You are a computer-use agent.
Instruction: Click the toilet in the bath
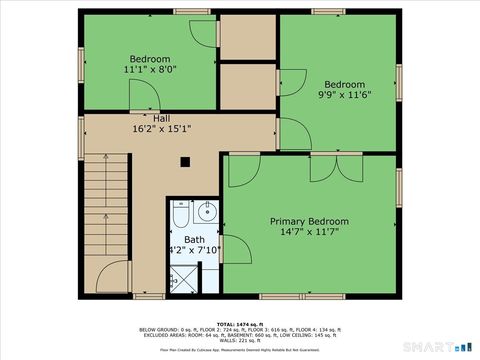click(x=181, y=214)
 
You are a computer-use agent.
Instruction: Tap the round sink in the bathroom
click(x=206, y=211)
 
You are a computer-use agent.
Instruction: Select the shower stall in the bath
click(x=184, y=277)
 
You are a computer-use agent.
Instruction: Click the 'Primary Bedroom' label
click(x=309, y=221)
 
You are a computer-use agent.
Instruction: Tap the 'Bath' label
click(x=193, y=240)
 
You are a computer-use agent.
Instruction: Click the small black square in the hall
click(x=184, y=161)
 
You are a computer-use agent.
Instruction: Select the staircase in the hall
click(x=106, y=220)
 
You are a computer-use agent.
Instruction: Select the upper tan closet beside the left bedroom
click(x=246, y=37)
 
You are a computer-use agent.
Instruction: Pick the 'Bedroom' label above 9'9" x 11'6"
click(x=343, y=84)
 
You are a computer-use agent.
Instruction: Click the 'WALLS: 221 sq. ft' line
click(x=240, y=340)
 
